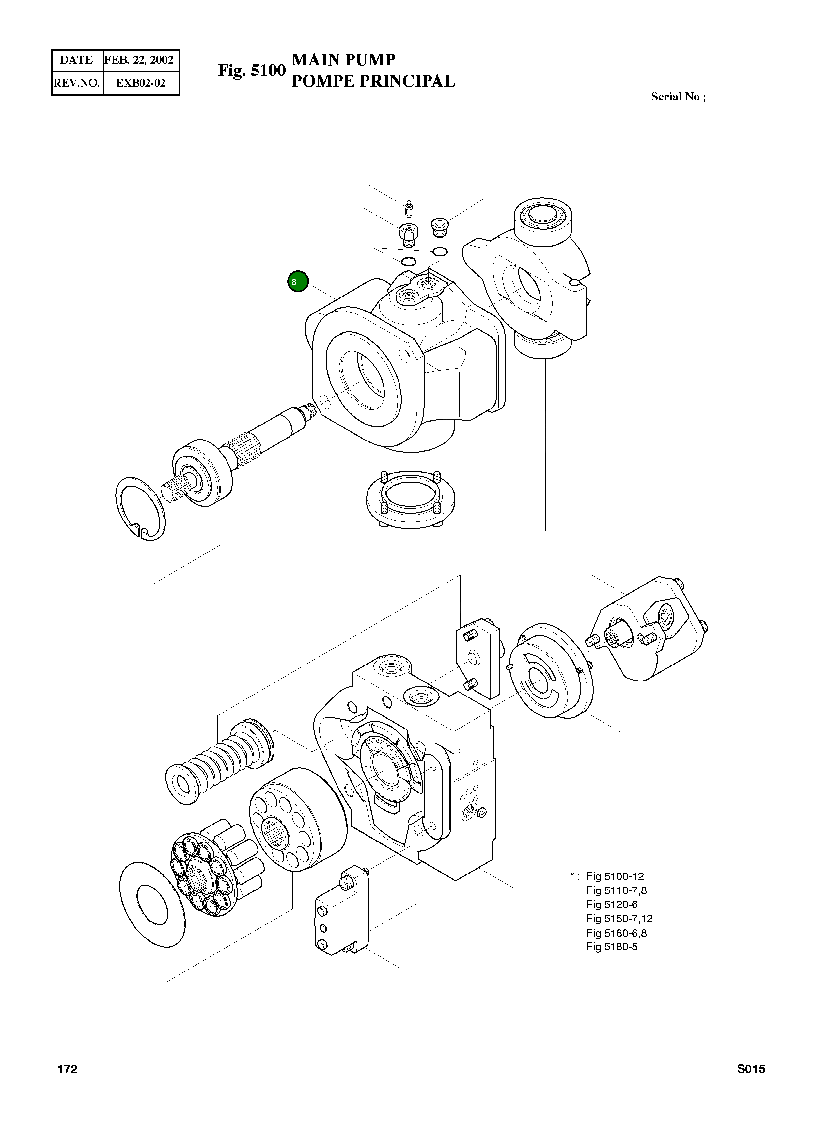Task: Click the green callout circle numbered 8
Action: (298, 282)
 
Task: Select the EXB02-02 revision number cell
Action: (140, 83)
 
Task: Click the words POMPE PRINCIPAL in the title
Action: (373, 81)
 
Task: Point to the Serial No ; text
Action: (678, 97)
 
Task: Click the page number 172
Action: (67, 1069)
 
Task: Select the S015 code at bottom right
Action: (751, 1069)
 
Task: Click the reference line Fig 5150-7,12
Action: (619, 919)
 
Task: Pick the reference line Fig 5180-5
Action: (612, 947)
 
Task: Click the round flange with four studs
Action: (410, 500)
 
